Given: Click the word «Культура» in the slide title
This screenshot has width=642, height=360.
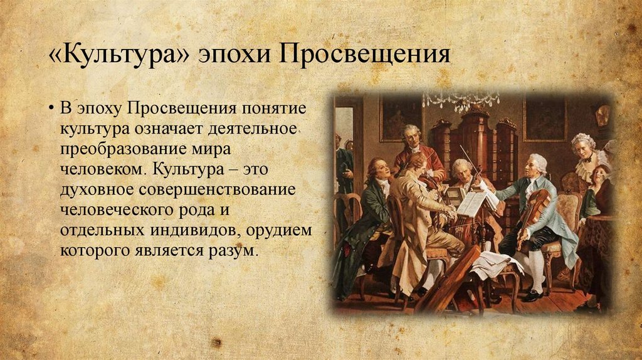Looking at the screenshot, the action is click(x=119, y=53).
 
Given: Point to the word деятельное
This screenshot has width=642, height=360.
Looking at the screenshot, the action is click(x=252, y=129).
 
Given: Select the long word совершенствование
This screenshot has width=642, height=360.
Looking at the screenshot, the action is click(x=217, y=191).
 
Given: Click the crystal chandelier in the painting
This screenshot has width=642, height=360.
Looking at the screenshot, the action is click(x=461, y=102).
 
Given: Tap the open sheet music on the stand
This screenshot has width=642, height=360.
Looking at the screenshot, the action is click(x=476, y=203).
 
